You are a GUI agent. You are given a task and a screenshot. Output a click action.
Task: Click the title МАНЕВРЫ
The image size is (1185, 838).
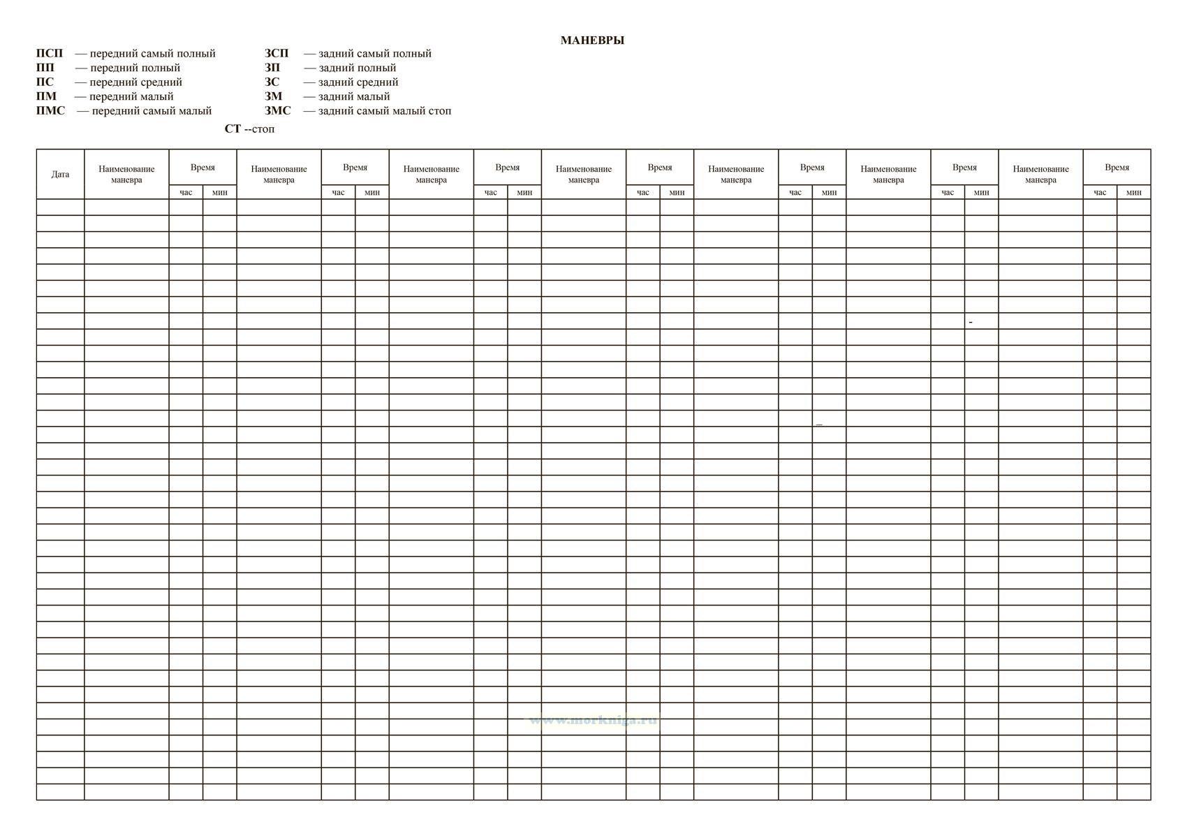coord(592,41)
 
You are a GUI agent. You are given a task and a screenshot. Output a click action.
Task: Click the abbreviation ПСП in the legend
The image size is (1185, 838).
coord(50,54)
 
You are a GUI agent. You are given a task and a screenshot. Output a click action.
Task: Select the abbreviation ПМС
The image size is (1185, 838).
coord(50,111)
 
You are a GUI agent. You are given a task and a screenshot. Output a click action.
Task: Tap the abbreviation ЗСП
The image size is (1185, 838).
coord(277,54)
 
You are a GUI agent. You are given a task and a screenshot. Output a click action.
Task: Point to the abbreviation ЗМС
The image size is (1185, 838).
coord(278,111)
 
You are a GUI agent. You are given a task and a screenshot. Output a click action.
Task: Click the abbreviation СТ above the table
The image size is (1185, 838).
coord(233,129)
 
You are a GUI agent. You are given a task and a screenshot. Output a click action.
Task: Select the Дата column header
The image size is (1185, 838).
coord(60,175)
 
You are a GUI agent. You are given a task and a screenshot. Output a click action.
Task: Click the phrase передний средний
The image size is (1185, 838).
coord(136,82)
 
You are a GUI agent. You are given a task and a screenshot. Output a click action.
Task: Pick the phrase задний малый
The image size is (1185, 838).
coord(354,97)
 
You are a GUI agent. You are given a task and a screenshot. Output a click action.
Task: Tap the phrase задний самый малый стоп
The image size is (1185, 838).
coord(385,111)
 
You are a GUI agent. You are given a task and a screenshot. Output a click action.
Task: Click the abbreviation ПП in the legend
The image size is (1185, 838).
coord(45,68)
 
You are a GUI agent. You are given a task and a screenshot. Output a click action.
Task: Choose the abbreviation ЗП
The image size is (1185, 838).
coord(272,68)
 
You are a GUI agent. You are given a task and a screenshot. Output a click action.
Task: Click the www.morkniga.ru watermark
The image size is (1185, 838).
coord(594,721)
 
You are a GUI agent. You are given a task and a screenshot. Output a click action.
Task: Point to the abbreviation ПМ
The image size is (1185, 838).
coord(46,96)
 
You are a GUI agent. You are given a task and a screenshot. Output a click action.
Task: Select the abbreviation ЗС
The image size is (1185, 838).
coord(272,82)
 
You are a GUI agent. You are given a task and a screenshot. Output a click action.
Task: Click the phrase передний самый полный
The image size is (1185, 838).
coord(153,54)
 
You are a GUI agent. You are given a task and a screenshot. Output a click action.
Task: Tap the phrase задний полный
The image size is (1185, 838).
coord(358,68)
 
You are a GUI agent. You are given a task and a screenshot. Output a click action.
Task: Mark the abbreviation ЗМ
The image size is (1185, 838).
coord(273,96)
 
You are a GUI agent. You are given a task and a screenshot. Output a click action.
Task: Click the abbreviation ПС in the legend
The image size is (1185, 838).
coord(45,82)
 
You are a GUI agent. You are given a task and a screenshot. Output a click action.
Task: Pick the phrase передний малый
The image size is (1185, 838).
coord(131,97)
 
